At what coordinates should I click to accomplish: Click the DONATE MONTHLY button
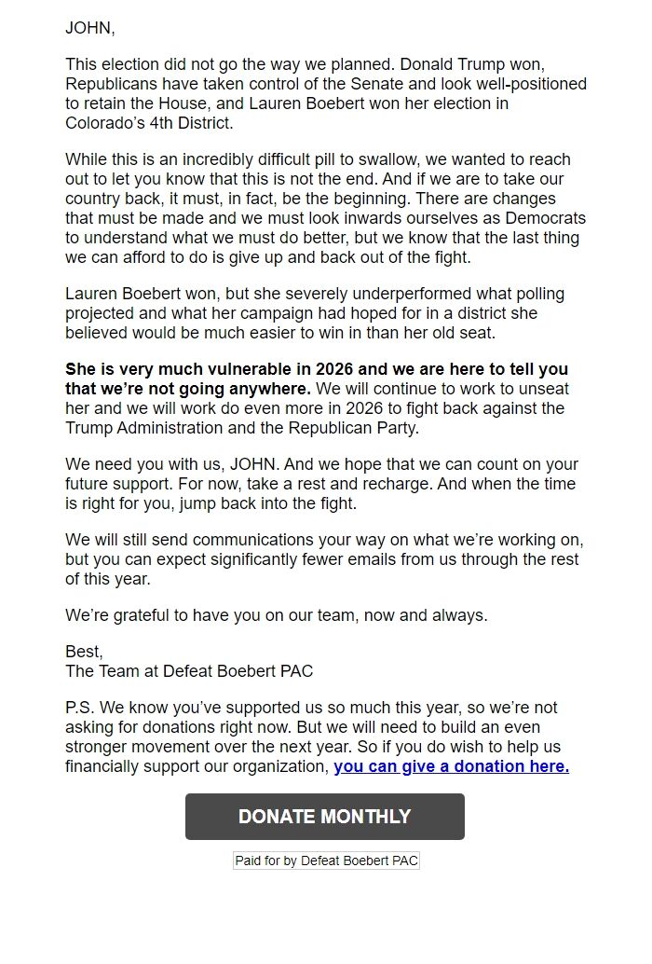pos(324,817)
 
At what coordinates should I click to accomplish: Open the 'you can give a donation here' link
pos(451,766)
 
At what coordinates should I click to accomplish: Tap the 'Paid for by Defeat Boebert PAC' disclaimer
pos(326,861)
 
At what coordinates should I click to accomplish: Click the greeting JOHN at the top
pos(88,28)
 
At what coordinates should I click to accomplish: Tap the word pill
pos(333,159)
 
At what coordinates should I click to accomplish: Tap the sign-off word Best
pos(83,652)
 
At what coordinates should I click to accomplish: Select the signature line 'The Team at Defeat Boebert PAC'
pos(189,670)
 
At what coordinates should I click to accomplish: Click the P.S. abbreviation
pos(82,709)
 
